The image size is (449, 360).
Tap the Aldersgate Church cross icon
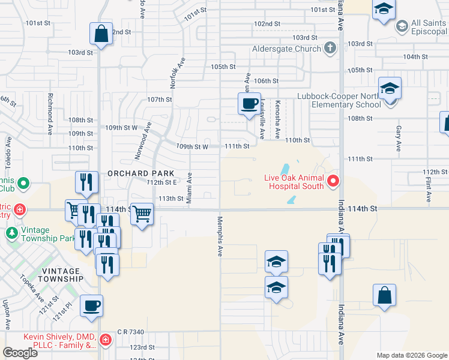(x=330, y=48)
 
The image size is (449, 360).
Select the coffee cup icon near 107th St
(x=249, y=103)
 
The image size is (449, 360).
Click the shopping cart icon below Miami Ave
(x=142, y=214)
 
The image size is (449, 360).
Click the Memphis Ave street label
(x=220, y=237)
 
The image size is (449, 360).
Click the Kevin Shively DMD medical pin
(x=106, y=340)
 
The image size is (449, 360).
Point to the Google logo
(x=20, y=353)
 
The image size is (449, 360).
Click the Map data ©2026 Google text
(x=412, y=355)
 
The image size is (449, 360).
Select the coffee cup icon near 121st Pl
(x=92, y=306)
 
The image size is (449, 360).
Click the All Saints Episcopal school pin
(x=402, y=26)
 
